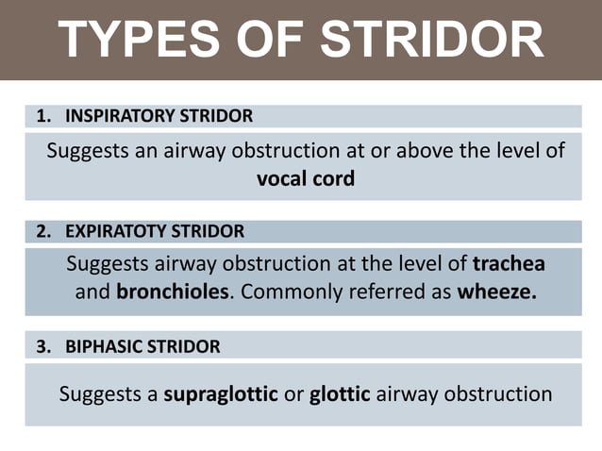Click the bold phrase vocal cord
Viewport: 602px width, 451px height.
click(x=306, y=177)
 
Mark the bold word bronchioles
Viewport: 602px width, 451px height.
click(x=173, y=292)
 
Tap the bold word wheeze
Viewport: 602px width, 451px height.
click(x=496, y=292)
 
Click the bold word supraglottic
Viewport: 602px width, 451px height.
click(x=221, y=393)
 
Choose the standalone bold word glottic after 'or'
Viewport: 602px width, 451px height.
click(x=341, y=393)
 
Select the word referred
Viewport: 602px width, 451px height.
click(x=384, y=292)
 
